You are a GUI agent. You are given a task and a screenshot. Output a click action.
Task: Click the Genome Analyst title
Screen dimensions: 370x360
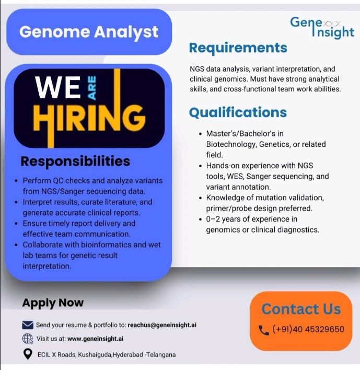click(x=89, y=32)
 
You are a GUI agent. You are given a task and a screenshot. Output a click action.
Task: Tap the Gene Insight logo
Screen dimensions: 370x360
click(x=322, y=27)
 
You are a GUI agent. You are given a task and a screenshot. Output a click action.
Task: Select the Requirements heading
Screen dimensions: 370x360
click(x=238, y=48)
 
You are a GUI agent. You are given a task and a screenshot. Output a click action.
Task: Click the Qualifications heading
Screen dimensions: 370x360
click(x=238, y=112)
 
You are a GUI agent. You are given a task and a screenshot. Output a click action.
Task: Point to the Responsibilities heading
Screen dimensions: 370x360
click(x=75, y=160)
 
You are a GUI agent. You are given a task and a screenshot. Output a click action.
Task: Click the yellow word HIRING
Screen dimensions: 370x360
click(x=89, y=120)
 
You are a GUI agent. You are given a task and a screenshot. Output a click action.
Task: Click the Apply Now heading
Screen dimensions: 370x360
click(x=53, y=303)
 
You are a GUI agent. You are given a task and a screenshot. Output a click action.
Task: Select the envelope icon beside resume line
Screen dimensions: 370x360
click(x=28, y=325)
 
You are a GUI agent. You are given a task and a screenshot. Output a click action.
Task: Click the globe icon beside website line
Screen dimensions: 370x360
click(x=28, y=339)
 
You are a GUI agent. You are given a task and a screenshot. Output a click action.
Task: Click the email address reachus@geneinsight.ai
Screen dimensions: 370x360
click(x=162, y=325)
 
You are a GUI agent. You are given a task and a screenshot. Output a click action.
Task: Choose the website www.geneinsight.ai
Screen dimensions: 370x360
click(x=95, y=339)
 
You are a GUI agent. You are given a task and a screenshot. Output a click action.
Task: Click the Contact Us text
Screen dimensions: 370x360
click(x=300, y=309)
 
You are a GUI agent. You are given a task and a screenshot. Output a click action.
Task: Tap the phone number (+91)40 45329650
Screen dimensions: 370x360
click(x=308, y=329)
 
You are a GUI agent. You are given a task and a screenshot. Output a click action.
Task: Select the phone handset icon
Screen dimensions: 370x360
click(x=263, y=330)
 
